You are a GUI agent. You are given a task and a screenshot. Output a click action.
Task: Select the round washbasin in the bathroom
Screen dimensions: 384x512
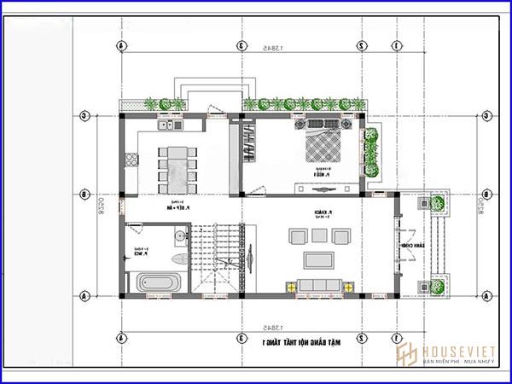180,235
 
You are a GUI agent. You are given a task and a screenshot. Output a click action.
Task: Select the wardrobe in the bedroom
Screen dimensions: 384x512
247,143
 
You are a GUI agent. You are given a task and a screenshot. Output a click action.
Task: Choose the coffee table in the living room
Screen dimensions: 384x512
319,258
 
